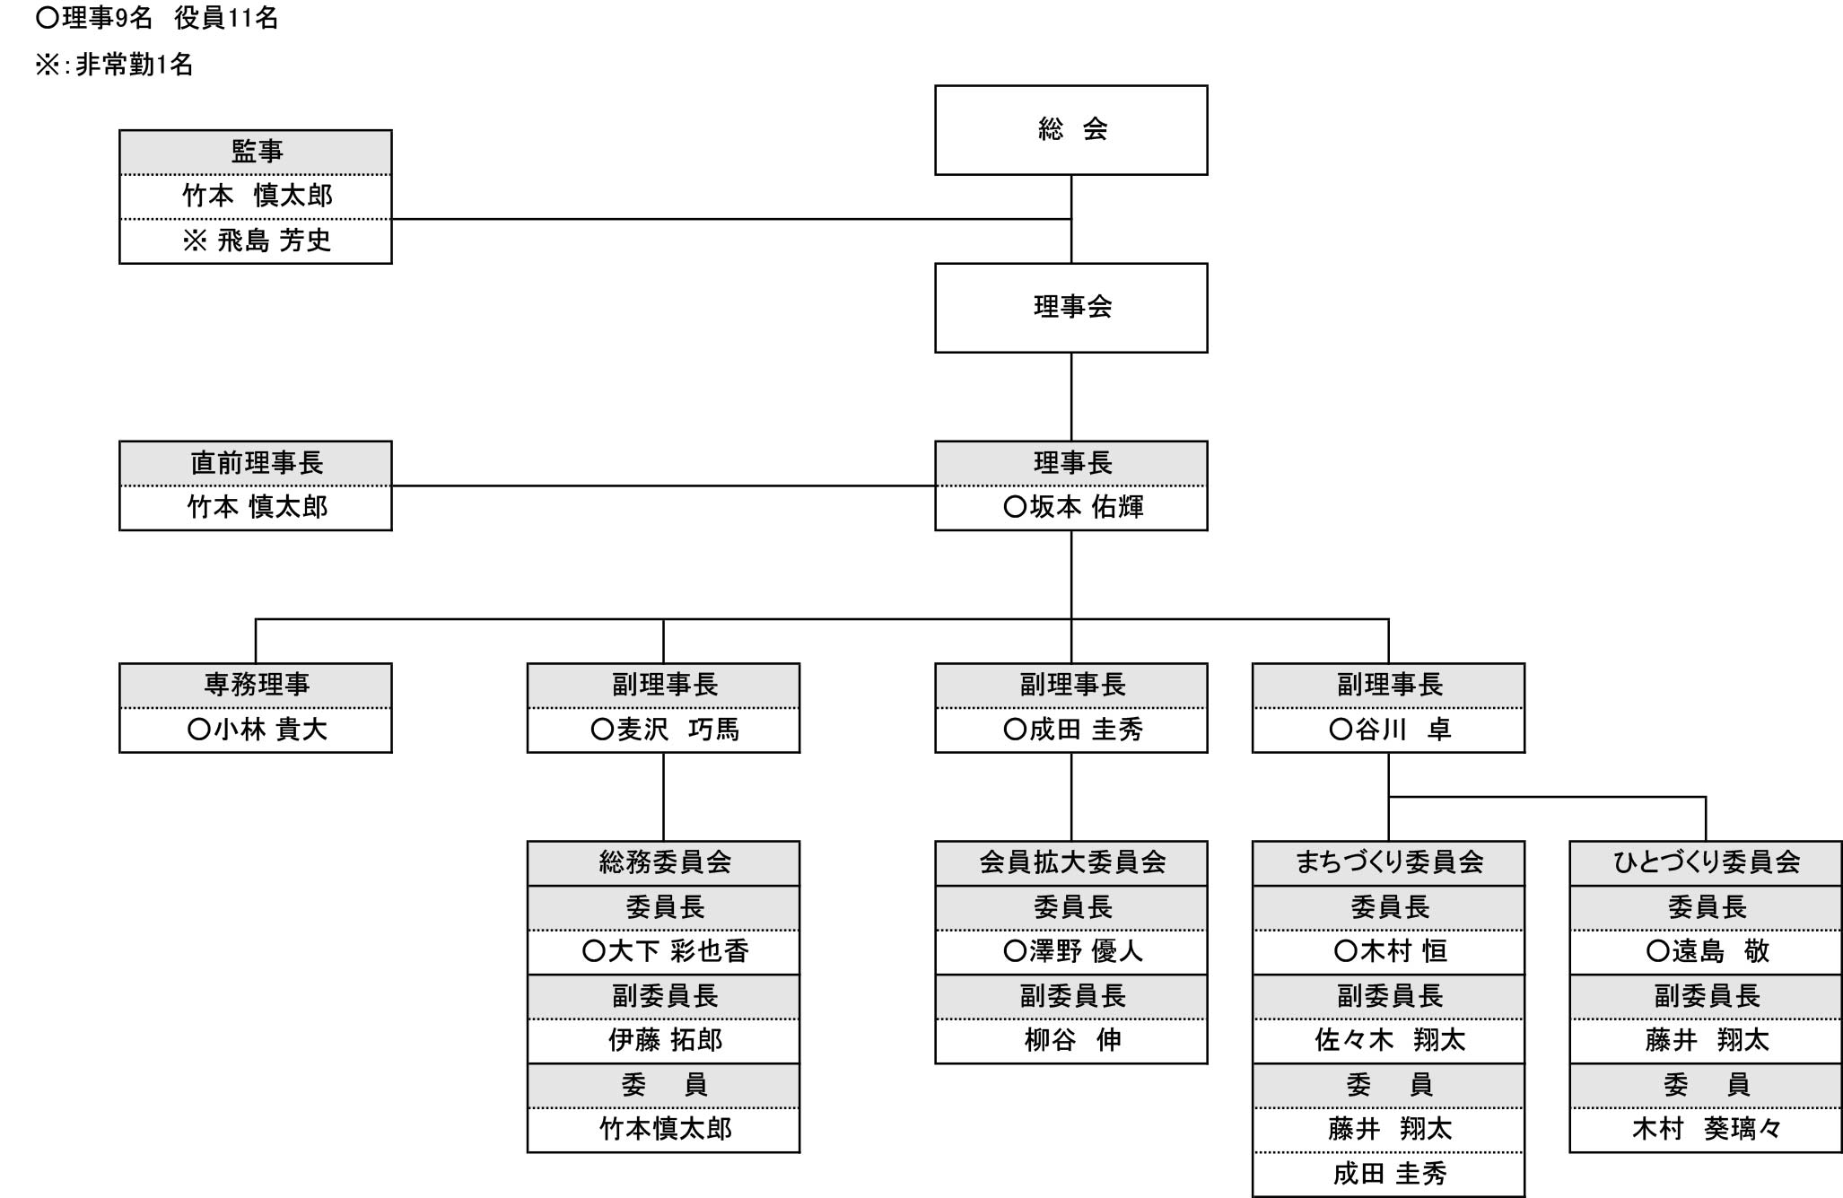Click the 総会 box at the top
1070,130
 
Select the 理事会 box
1070,308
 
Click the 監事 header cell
256,152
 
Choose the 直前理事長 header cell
256,463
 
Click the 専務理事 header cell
256,686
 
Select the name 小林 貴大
258,730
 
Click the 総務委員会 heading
664,863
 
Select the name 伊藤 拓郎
665,1041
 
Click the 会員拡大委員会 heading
1071,863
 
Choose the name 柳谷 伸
1072,1041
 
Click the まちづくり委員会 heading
1389,863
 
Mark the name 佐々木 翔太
1390,1041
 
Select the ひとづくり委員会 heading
1706,863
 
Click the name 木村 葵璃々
1706,1130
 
